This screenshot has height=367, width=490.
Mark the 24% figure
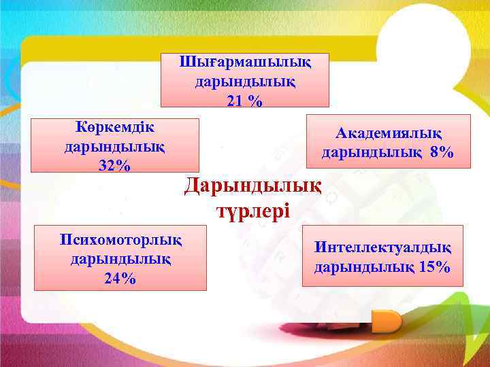[x=120, y=277]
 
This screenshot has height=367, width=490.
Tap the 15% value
[x=436, y=266]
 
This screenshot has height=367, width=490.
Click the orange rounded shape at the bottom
[x=389, y=319]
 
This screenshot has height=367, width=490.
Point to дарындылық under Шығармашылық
[x=245, y=82]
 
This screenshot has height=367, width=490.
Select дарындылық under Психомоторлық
[x=120, y=258]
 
